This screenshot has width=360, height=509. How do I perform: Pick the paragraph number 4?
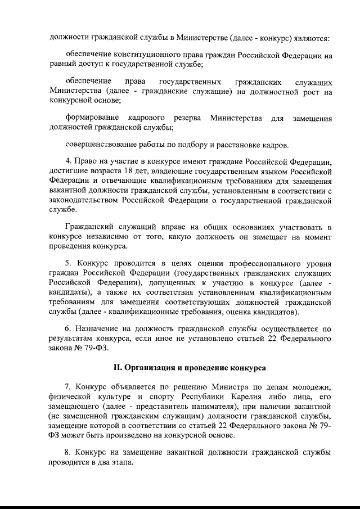(x=68, y=160)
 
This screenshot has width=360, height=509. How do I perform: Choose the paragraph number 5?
(x=68, y=263)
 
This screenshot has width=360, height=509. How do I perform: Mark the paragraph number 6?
(x=68, y=328)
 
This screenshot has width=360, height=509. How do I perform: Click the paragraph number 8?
(x=68, y=452)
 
